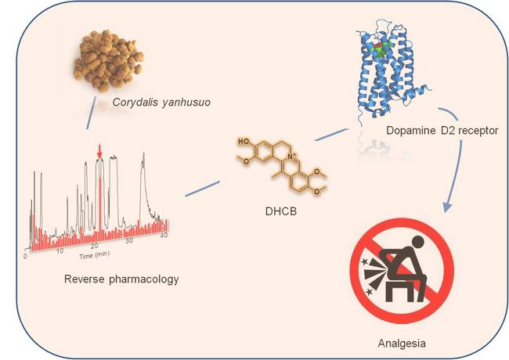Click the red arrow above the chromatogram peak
pyautogui.click(x=99, y=149)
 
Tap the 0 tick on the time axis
pyautogui.click(x=25, y=256)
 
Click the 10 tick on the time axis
pyautogui.click(x=60, y=251)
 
